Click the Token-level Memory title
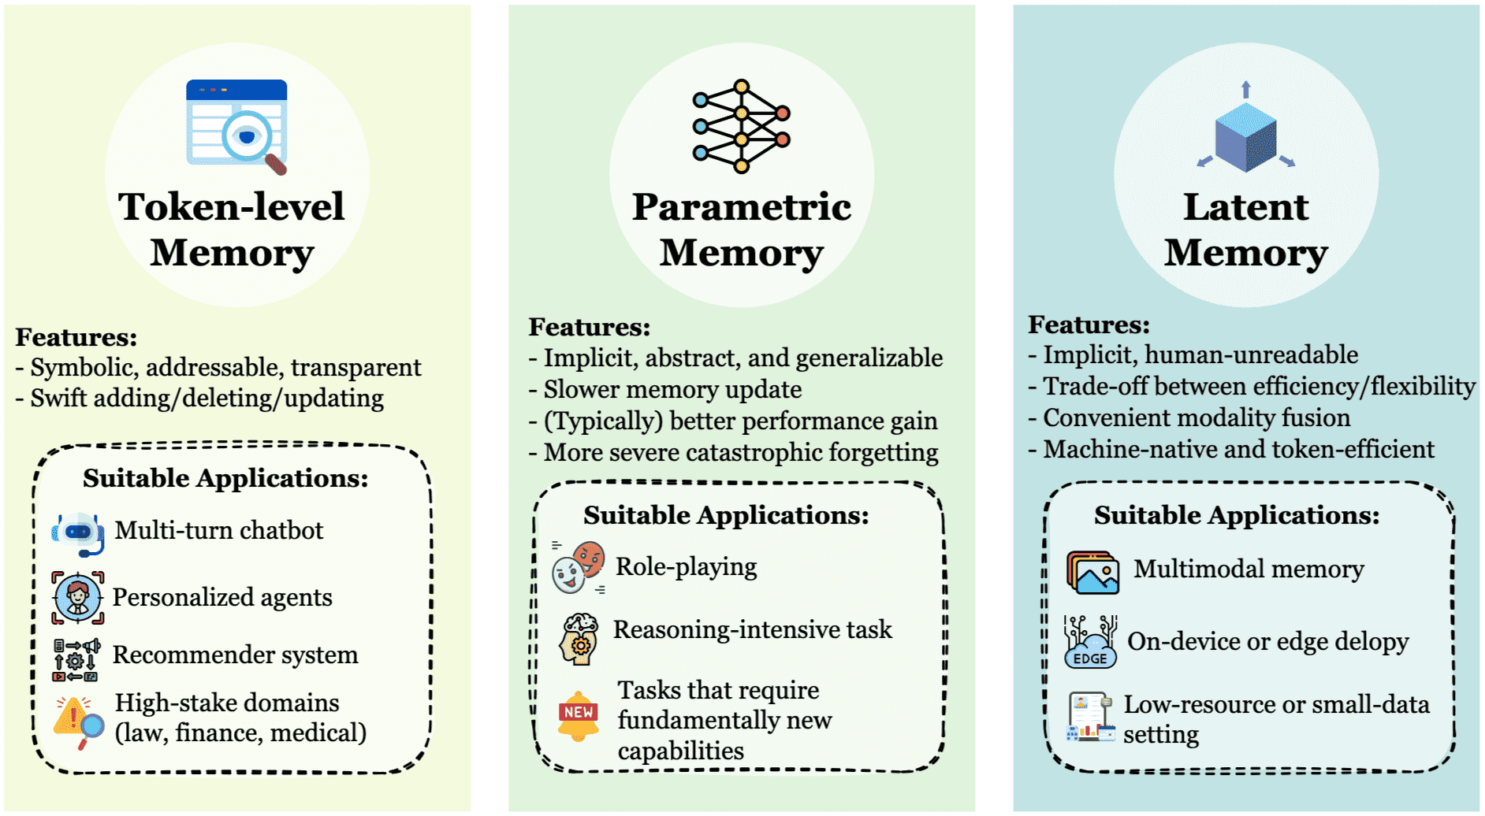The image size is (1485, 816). point(232,229)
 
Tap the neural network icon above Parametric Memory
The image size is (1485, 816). point(741,126)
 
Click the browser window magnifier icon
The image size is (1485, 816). point(237,126)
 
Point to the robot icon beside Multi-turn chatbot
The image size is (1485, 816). point(78,533)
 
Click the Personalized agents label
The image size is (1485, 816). point(222,598)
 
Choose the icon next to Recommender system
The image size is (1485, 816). point(76,659)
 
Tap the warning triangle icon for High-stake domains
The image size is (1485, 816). point(78,720)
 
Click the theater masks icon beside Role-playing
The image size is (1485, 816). point(579,567)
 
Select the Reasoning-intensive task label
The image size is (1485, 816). point(753,630)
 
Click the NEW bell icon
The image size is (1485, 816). point(579,714)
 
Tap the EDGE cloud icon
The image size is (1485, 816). point(1090,643)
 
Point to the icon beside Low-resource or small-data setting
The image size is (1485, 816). point(1090,717)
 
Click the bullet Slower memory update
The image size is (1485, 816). point(672,390)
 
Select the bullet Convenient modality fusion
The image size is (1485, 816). point(1197,418)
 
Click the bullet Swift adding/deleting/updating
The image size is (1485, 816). point(207,399)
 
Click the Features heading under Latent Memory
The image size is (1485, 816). point(1089,325)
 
